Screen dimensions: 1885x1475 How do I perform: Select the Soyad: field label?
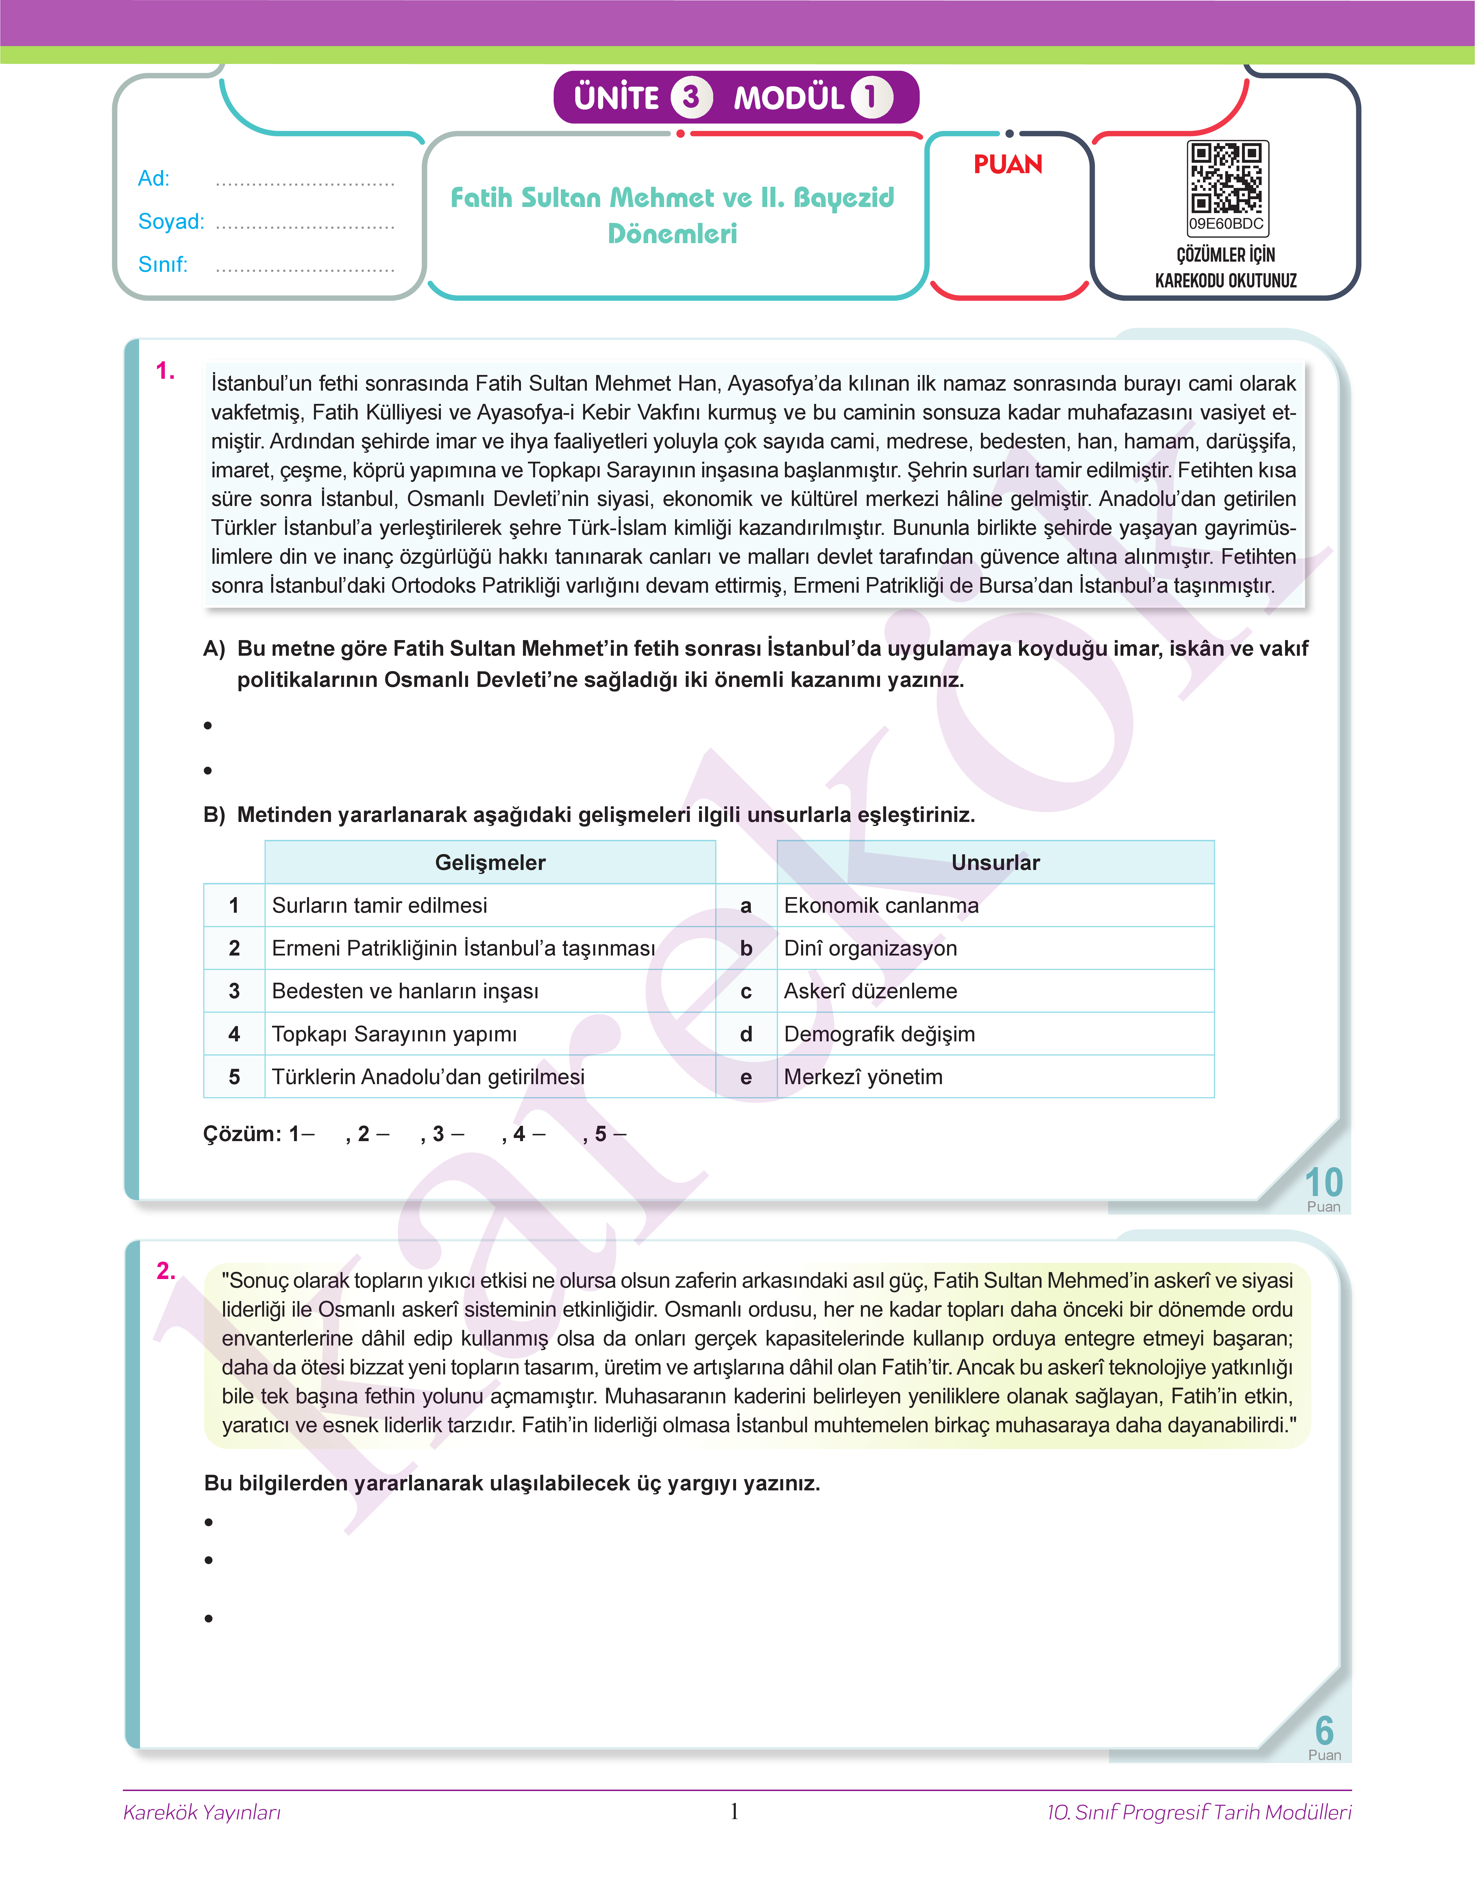[171, 222]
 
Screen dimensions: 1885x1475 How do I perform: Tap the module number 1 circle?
[870, 97]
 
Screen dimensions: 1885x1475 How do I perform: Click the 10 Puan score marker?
[1323, 1187]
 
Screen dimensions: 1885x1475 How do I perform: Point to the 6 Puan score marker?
[1324, 1736]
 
